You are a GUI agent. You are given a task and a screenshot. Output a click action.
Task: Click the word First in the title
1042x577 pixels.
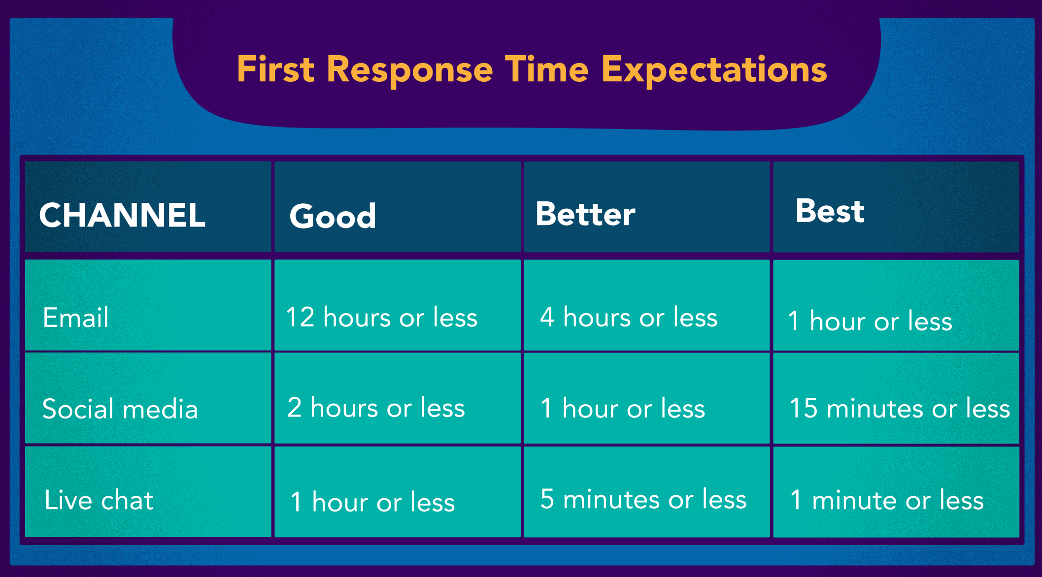pyautogui.click(x=275, y=69)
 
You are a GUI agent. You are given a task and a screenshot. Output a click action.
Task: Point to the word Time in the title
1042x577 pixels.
pyautogui.click(x=546, y=69)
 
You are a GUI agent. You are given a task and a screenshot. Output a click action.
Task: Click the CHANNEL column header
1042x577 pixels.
pyautogui.click(x=122, y=215)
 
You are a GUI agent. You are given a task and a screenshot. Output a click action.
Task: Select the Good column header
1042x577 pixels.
pyautogui.click(x=333, y=216)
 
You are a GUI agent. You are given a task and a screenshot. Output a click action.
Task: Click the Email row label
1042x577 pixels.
pyautogui.click(x=75, y=317)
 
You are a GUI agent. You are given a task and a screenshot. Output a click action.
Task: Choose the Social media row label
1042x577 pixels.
pyautogui.click(x=120, y=409)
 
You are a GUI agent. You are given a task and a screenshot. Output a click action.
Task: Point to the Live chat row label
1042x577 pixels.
pyautogui.click(x=99, y=500)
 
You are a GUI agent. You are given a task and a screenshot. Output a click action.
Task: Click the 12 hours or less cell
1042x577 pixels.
pyautogui.click(x=382, y=317)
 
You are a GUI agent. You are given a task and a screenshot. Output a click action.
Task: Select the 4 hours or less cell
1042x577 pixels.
pyautogui.click(x=629, y=317)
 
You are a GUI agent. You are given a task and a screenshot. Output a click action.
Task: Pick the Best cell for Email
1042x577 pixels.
pyautogui.click(x=870, y=321)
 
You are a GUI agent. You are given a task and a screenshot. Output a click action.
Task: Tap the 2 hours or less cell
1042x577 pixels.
pyautogui.click(x=376, y=408)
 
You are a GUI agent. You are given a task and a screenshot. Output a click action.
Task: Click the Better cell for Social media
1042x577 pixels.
pyautogui.click(x=623, y=408)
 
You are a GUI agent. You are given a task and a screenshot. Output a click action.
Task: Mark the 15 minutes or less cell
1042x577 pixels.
pyautogui.click(x=900, y=408)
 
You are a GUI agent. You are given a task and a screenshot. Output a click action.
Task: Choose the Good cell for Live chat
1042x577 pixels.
pyautogui.click(x=372, y=502)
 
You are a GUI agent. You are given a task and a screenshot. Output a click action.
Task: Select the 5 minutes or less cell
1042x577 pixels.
pyautogui.click(x=643, y=499)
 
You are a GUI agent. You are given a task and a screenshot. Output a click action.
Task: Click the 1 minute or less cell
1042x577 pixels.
pyautogui.click(x=887, y=500)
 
